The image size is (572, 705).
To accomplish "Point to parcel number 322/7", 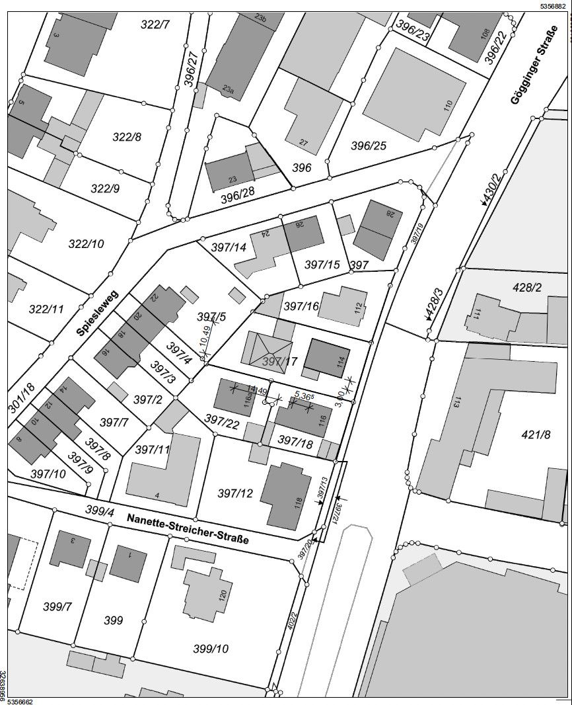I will [155, 25].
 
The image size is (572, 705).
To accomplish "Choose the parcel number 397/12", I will [235, 493].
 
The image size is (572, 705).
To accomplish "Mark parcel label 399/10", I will [211, 648].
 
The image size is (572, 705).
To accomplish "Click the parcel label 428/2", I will [527, 288].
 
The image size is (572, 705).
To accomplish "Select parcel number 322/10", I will [86, 243].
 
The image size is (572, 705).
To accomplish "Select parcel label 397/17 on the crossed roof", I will [280, 361].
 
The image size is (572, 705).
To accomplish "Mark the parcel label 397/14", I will [229, 247].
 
